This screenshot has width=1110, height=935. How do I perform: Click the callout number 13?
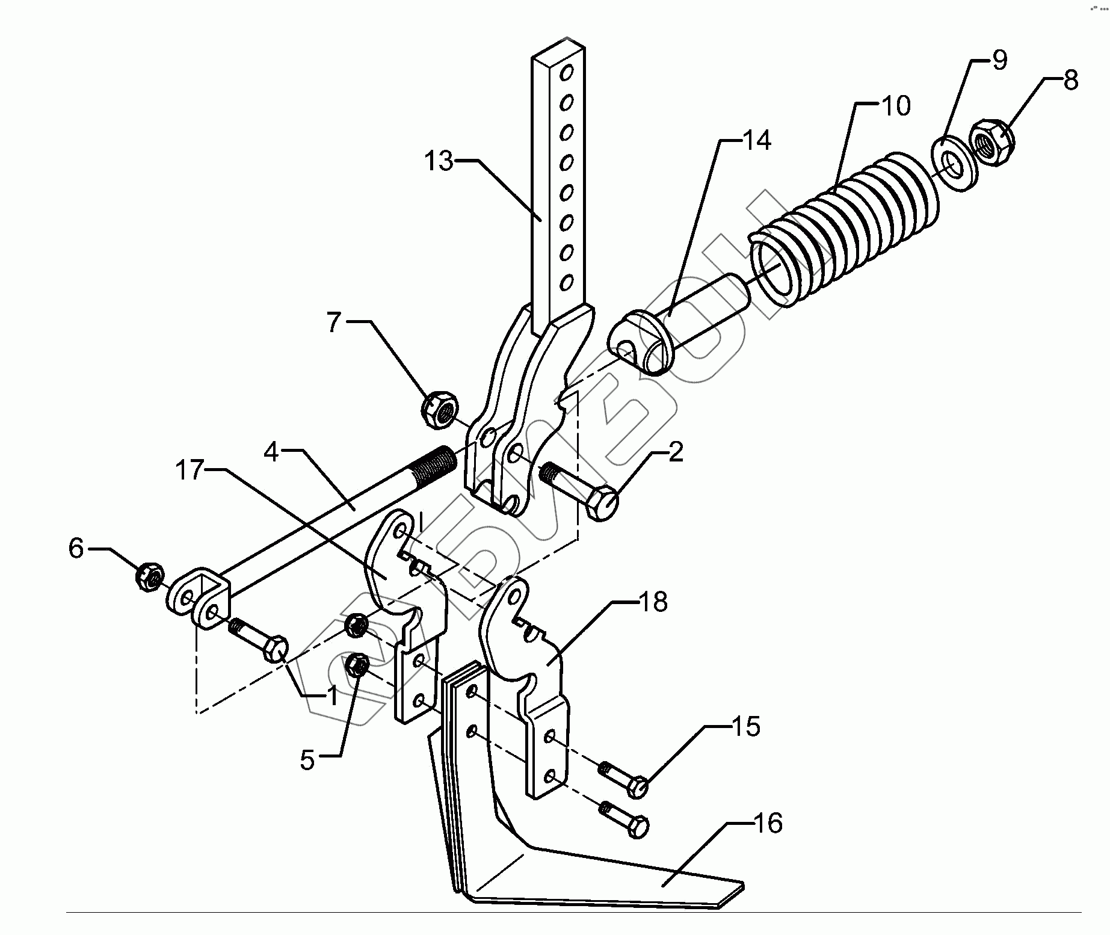click(438, 162)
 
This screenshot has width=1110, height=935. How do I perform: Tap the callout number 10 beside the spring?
click(896, 106)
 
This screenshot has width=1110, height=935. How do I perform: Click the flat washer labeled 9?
click(954, 165)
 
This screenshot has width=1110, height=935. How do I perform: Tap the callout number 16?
click(767, 823)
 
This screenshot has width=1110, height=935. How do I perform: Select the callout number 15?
click(745, 727)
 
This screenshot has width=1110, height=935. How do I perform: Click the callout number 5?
click(307, 761)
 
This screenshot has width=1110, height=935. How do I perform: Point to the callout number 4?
click(271, 452)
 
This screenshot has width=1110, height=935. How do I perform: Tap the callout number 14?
click(756, 141)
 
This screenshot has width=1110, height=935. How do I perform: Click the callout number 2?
click(676, 452)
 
